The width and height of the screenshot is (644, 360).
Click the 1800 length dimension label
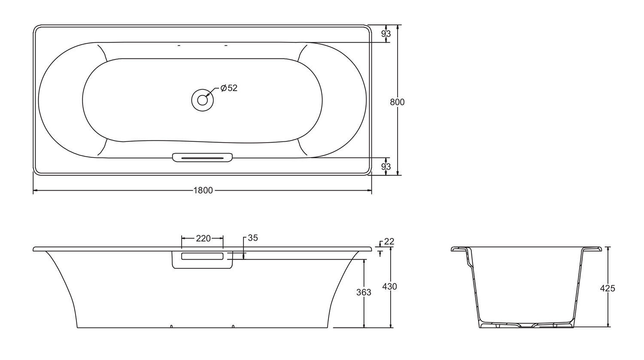tap(203, 190)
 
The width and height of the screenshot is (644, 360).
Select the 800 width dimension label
tap(397, 102)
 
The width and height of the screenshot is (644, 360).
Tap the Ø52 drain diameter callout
tap(229, 88)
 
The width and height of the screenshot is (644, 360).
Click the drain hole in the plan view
tap(202, 100)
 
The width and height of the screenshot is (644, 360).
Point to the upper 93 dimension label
tap(386, 34)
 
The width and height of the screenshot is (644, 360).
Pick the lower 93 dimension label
tap(386, 167)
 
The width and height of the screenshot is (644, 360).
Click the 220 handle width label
tap(203, 238)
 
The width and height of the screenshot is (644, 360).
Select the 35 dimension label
tap(253, 238)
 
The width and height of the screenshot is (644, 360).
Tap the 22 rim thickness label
tap(389, 241)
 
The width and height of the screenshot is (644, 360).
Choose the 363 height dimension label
tap(364, 293)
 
